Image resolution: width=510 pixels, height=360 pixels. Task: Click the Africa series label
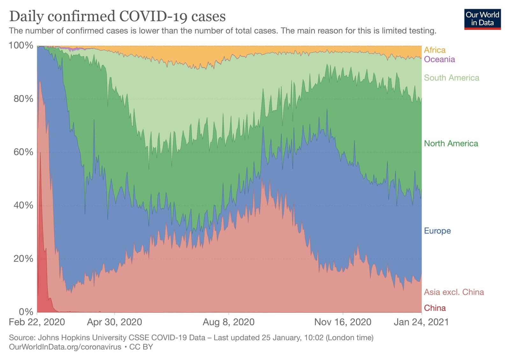point(434,50)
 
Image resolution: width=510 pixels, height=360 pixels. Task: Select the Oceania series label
point(439,59)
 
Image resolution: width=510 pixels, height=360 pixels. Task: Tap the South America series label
point(451,78)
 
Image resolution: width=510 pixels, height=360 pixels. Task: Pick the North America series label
point(451,143)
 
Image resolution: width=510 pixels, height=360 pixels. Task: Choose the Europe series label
point(437,231)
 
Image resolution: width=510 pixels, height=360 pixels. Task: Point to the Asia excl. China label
point(454,292)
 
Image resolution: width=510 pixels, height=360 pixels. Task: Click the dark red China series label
point(434,308)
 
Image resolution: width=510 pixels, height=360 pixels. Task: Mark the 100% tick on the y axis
point(21,46)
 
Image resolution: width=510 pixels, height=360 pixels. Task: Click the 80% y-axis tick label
point(23,99)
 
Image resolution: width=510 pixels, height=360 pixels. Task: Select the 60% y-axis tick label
point(23,152)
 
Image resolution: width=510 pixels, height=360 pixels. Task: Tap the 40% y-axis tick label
point(23,205)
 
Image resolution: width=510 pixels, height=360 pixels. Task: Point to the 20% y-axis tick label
point(23,259)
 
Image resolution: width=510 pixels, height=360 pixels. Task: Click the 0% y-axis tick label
point(25,312)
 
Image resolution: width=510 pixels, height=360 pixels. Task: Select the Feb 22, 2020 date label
point(37,322)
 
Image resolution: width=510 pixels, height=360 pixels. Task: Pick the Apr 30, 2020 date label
point(114,322)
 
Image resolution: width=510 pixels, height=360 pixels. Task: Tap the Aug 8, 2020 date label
point(229,322)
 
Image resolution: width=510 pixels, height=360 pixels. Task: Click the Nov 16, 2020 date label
point(343,322)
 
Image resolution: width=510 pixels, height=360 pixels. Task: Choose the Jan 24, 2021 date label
point(421,322)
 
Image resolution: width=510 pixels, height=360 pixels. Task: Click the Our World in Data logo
point(482,19)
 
